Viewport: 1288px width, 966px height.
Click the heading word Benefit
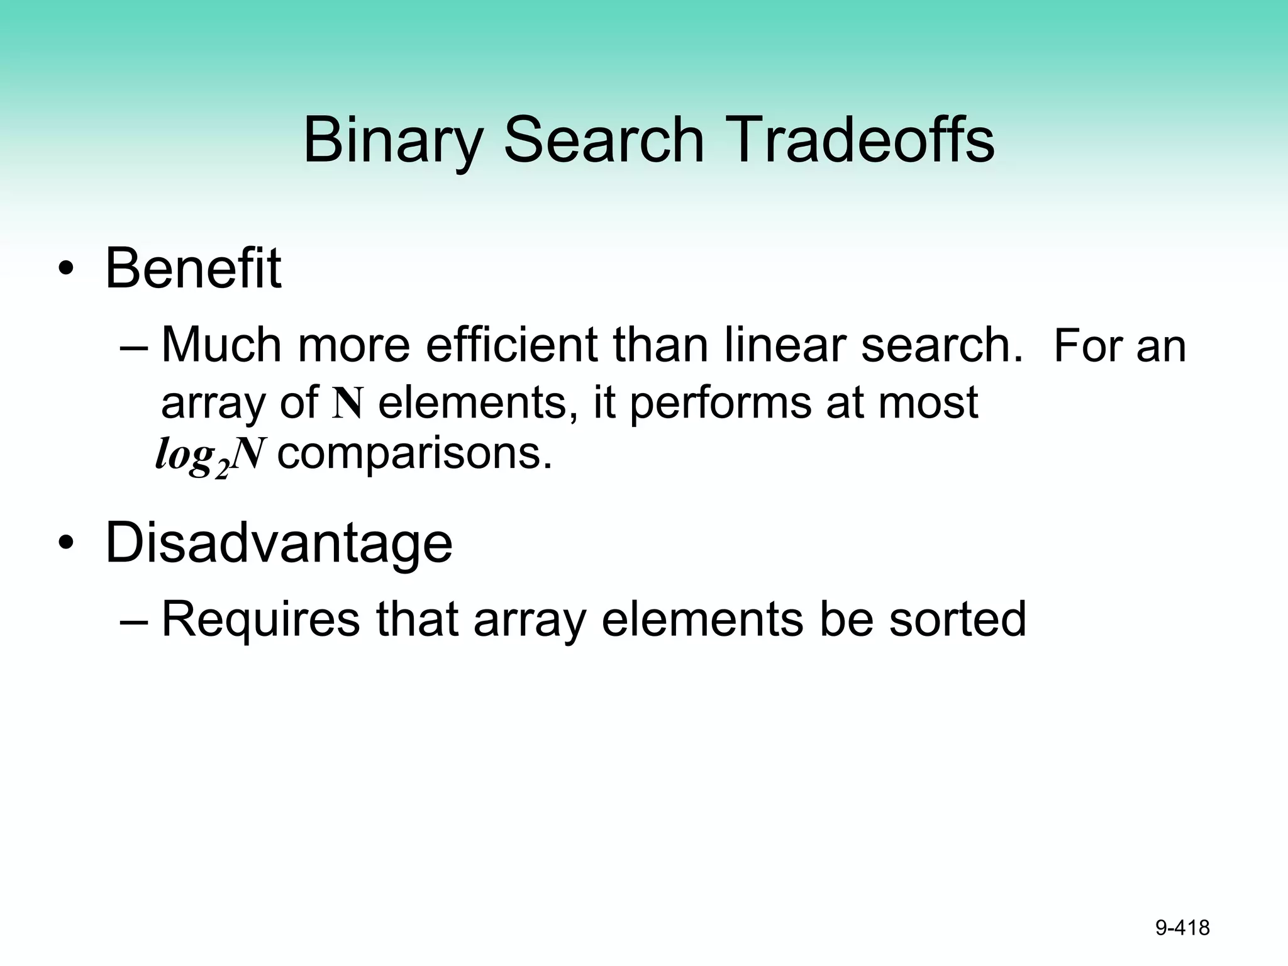[192, 269]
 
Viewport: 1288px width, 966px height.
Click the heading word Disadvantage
[279, 543]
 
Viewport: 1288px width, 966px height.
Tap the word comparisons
[414, 454]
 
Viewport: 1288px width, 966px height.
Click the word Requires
[260, 619]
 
